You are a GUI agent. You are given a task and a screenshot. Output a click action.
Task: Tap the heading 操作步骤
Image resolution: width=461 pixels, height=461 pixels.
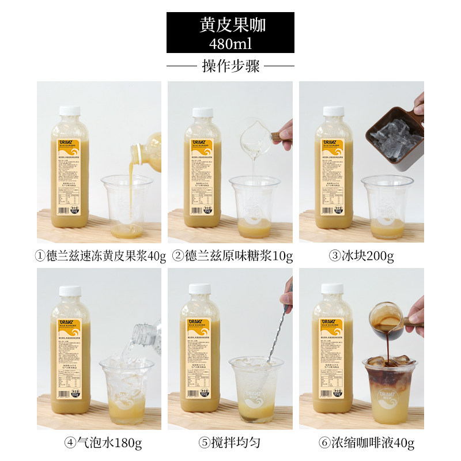[231, 66]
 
